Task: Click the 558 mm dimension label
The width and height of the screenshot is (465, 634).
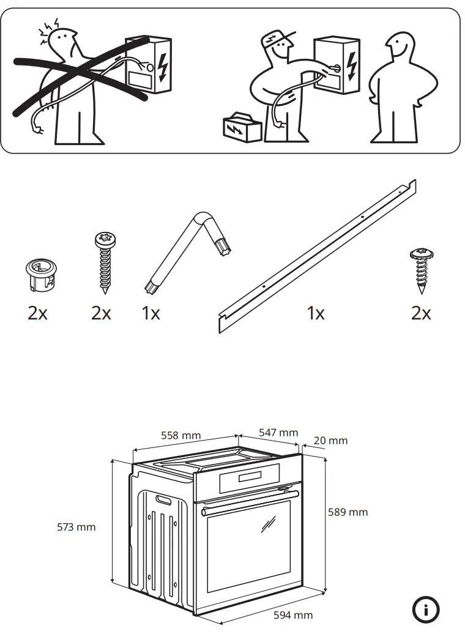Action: (x=180, y=436)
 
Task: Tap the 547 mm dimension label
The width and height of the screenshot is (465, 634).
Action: (x=278, y=433)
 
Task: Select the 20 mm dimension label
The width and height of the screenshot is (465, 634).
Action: (x=330, y=441)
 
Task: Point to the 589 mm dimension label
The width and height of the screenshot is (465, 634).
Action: (x=348, y=512)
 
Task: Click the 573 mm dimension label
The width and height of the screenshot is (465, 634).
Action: (x=76, y=527)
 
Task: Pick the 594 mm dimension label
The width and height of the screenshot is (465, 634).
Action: (x=292, y=616)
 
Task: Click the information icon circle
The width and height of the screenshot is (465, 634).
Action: (x=426, y=609)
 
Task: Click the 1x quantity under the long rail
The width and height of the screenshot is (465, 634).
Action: (x=315, y=314)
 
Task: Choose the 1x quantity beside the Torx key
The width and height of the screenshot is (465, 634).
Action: (x=151, y=314)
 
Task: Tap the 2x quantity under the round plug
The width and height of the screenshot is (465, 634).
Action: (x=37, y=314)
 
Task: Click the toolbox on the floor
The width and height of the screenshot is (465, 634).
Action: (x=242, y=128)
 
